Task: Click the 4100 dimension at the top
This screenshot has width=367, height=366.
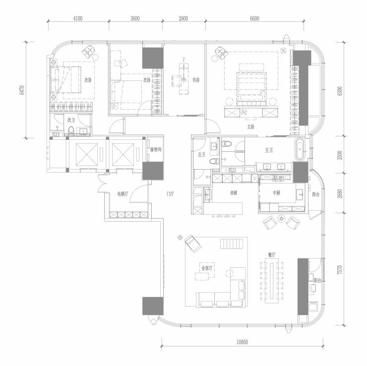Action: (78, 18)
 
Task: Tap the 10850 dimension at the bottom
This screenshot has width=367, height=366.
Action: (242, 342)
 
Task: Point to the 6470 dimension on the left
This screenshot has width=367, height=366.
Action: (22, 90)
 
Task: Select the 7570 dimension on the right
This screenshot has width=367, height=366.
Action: (340, 270)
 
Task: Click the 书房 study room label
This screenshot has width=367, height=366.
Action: (196, 80)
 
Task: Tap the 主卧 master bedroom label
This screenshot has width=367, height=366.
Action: (250, 127)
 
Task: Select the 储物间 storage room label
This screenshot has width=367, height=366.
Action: (156, 149)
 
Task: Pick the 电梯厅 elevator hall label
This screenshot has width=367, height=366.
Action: (122, 194)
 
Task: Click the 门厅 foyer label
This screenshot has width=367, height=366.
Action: (170, 194)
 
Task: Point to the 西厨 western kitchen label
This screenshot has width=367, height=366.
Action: (234, 193)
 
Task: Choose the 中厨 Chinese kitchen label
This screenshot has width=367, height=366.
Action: (276, 193)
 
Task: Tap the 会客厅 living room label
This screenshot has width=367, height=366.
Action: (207, 268)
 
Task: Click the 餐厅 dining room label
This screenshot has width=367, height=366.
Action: (272, 255)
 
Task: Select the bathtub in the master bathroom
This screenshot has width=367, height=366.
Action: (300, 149)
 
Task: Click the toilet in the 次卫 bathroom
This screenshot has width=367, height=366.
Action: (71, 130)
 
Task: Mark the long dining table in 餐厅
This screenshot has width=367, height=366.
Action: (272, 281)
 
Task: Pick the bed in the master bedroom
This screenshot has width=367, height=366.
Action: (251, 85)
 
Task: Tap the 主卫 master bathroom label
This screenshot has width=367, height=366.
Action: (269, 150)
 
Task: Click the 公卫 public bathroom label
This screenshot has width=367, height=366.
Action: (201, 154)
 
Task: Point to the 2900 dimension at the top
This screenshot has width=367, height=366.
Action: (183, 18)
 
